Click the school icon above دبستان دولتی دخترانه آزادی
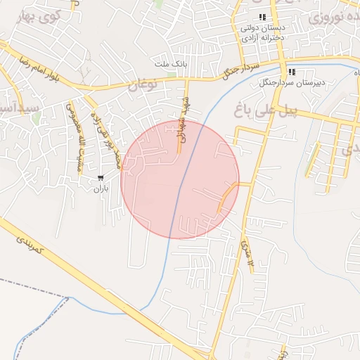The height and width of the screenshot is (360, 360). point(262,17)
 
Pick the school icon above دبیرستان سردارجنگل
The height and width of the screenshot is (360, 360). point(291,72)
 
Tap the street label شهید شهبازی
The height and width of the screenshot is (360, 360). point(181,127)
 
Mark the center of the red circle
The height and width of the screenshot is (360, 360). point(180,180)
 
